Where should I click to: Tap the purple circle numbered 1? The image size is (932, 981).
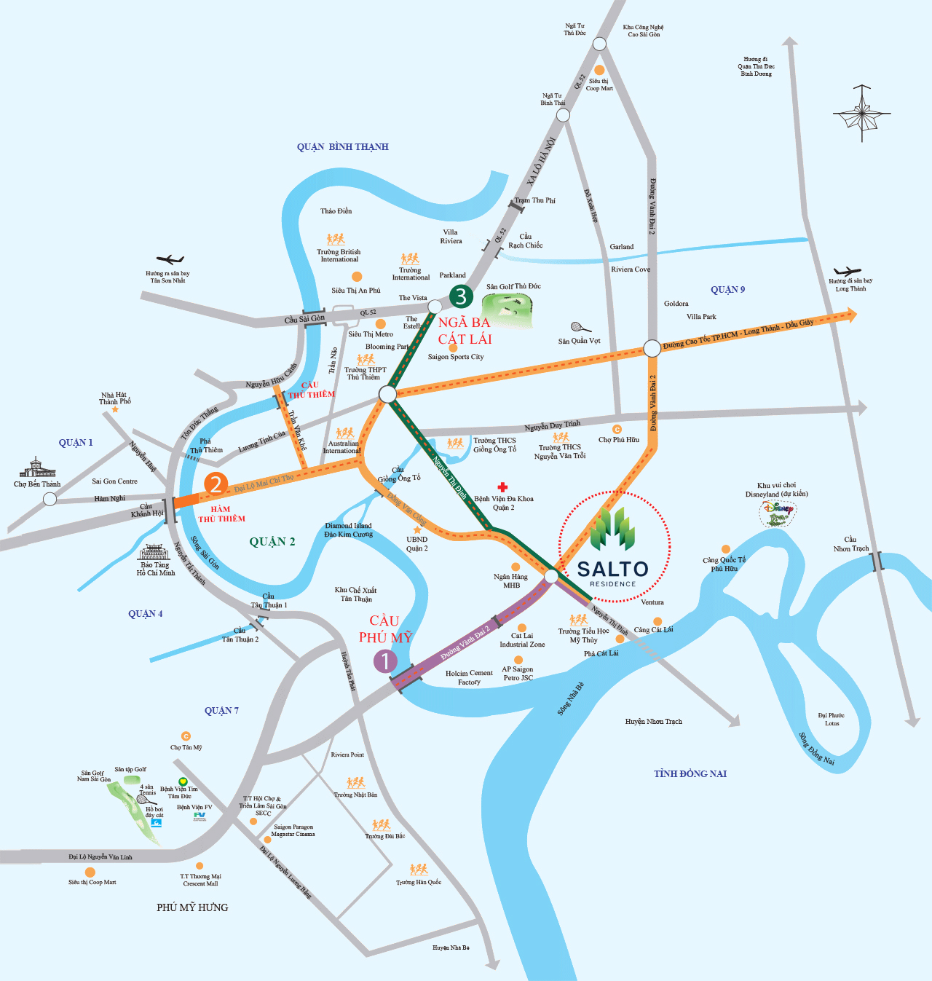click(x=385, y=661)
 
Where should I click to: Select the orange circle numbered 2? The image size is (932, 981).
click(x=216, y=484)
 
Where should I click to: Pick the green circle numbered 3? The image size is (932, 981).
click(x=461, y=296)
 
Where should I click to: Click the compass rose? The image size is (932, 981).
click(x=862, y=113)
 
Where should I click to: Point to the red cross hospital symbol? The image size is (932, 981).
click(x=502, y=486)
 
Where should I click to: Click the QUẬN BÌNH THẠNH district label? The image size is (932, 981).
click(x=342, y=147)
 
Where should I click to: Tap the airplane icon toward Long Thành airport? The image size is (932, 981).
click(x=848, y=272)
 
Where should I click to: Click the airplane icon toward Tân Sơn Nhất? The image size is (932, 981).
click(x=170, y=259)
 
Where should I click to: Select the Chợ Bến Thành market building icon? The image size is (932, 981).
click(x=37, y=468)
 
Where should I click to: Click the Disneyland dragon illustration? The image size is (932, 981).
click(x=776, y=514)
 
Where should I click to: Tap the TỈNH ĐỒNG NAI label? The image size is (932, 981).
click(x=690, y=773)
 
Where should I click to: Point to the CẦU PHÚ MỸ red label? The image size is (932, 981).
click(x=385, y=629)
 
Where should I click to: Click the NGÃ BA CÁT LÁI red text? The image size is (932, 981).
click(x=465, y=331)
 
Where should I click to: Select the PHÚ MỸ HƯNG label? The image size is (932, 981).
click(x=192, y=907)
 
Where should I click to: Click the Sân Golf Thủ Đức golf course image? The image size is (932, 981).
click(x=511, y=310)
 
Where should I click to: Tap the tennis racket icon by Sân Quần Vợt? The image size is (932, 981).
click(x=580, y=327)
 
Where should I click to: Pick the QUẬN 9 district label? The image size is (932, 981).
click(x=727, y=290)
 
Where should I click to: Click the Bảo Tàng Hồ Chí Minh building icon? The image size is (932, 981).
click(x=154, y=551)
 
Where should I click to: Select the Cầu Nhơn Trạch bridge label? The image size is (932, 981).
click(x=850, y=544)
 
